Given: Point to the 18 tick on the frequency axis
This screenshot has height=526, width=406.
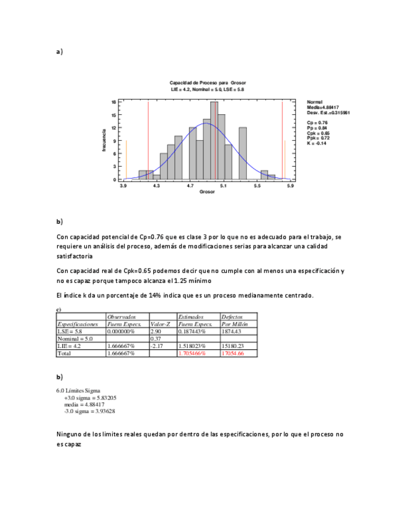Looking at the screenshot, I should click(113, 101).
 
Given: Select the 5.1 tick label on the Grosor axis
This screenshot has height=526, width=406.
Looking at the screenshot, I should click(223, 185).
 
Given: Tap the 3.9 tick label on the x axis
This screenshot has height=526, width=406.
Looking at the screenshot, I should click(123, 185).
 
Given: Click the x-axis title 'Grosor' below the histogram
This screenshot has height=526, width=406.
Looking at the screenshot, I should click(206, 192).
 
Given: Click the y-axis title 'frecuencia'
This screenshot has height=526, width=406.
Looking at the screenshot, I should click(105, 140).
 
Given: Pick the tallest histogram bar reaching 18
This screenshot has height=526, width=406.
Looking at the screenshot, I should click(214, 140).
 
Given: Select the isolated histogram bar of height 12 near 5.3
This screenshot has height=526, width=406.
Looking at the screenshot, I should click(242, 153).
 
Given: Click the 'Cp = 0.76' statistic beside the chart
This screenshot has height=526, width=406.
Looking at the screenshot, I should click(317, 123).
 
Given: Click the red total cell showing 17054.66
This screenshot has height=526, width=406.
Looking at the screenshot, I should click(232, 353).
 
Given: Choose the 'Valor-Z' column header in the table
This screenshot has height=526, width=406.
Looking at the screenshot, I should click(161, 324).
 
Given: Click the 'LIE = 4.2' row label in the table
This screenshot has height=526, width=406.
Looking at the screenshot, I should click(69, 345).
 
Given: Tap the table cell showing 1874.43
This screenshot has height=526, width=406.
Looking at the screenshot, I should click(232, 331).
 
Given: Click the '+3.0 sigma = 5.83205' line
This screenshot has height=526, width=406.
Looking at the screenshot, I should click(90, 397).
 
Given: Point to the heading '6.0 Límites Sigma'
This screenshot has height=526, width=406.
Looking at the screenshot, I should click(78, 390).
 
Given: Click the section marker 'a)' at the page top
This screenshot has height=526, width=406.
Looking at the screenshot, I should click(60, 52).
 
